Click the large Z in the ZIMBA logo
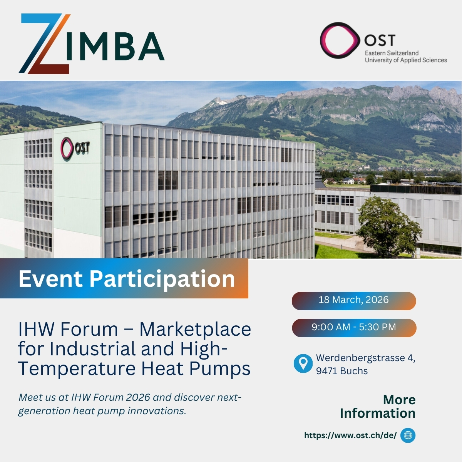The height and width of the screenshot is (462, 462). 44,43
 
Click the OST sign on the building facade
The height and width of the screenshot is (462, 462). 75,148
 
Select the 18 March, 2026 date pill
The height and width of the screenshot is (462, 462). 353,300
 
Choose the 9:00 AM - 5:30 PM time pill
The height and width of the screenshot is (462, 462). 353,328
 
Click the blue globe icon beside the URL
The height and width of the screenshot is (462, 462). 408,435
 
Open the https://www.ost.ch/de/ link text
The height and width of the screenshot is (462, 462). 350,435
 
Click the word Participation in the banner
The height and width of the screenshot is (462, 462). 162,279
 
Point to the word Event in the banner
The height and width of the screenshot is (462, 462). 50,279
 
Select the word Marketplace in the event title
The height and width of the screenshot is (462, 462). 195,330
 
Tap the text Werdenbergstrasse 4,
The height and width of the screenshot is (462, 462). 365,358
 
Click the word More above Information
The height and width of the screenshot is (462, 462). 399,400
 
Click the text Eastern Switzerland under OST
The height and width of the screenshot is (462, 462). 392,53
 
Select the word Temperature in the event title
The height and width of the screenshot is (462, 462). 77,368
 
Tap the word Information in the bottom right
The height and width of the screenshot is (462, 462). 377,413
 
